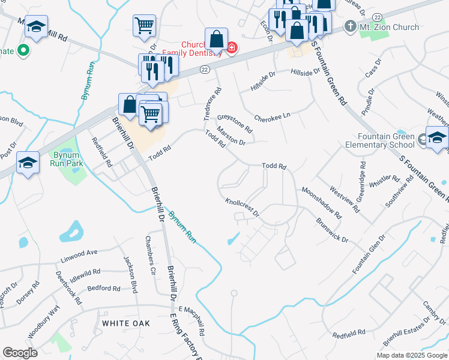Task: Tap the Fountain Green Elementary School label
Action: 381,140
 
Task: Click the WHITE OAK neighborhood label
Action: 125,323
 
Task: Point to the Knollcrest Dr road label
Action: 242,208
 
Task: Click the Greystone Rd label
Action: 235,120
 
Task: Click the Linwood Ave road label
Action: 78,257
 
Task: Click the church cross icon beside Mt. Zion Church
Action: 351,27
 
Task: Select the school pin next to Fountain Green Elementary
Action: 436,137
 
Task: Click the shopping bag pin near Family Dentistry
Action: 216,40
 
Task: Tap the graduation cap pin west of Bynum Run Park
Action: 28,163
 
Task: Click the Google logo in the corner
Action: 20,353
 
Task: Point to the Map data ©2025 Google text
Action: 412,355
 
